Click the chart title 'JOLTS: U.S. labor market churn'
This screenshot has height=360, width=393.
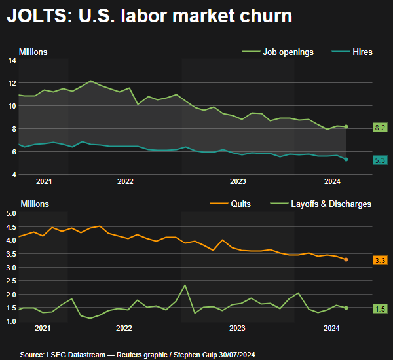[x=149, y=16]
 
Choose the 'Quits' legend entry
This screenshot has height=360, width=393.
[x=241, y=204]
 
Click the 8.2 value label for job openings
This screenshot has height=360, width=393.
[x=380, y=127]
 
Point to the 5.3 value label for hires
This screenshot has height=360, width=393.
[x=380, y=160]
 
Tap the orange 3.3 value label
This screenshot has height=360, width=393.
[x=380, y=261]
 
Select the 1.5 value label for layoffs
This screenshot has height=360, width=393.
[x=380, y=308]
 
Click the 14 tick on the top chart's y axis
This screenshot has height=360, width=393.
[x=12, y=60]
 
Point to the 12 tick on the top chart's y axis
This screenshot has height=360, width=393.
[x=12, y=83]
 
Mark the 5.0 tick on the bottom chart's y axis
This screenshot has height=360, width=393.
[x=11, y=213]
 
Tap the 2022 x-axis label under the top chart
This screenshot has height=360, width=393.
[x=124, y=181]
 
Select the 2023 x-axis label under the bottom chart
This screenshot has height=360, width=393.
[x=237, y=328]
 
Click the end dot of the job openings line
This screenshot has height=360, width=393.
[x=346, y=126]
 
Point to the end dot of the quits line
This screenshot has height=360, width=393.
[x=346, y=260]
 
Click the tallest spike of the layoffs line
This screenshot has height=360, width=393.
[x=185, y=285]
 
